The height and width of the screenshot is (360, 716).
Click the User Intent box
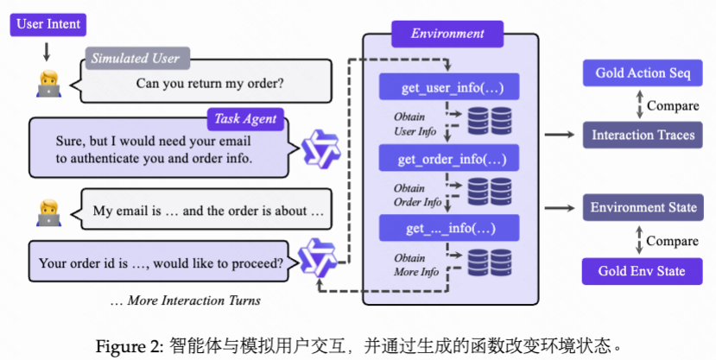pos(47,23)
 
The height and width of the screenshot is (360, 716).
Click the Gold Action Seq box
pos(643,73)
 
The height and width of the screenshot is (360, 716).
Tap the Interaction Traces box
pos(643,136)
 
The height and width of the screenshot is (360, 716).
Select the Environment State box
pos(643,208)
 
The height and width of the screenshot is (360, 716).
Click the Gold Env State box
pos(643,271)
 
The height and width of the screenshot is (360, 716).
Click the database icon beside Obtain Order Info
pos(490,192)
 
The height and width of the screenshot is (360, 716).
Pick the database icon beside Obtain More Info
pos(490,262)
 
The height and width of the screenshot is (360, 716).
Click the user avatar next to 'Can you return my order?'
pos(47,82)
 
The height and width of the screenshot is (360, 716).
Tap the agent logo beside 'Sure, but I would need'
pos(320,148)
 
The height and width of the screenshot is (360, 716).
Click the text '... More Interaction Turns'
pos(185,300)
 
